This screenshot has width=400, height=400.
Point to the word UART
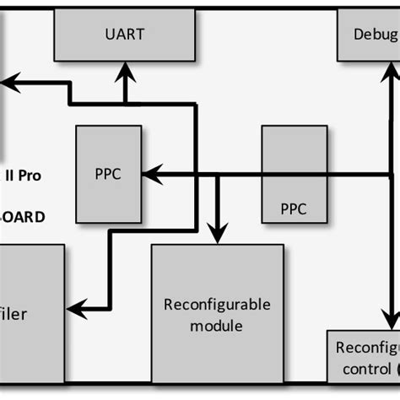tap(125, 34)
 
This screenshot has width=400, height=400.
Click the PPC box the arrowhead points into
tap(108, 174)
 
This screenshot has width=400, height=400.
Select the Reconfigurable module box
tap(217, 315)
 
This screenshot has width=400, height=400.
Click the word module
tap(216, 325)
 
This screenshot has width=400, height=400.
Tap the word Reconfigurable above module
tap(216, 305)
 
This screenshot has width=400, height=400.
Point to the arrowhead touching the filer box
tap(76, 308)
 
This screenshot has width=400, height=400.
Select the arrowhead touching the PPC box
tap(149, 175)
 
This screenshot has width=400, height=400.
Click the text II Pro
tap(24, 176)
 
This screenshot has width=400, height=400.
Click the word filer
tap(13, 314)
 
